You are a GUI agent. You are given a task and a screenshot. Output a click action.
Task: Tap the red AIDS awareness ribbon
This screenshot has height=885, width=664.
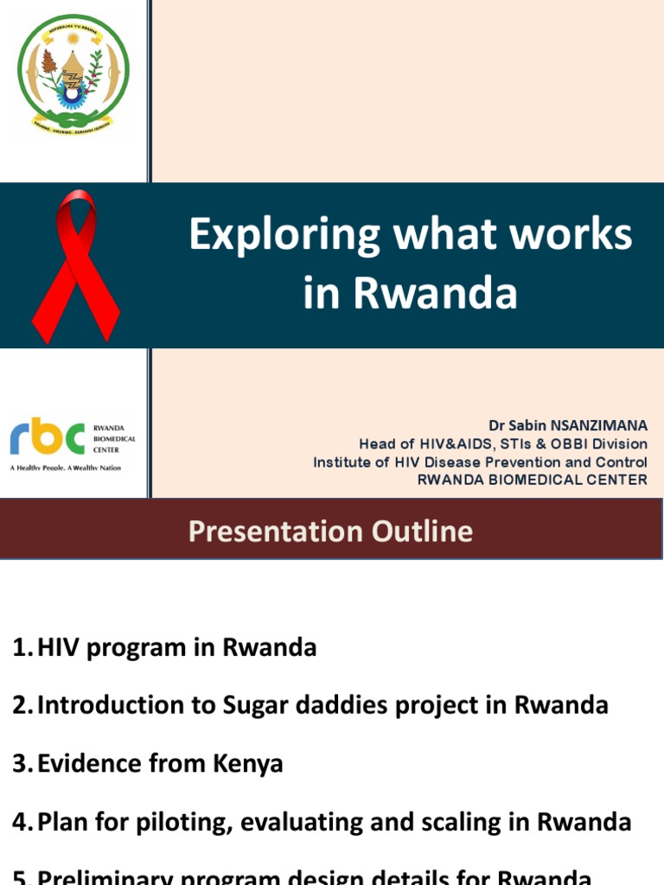point(75,266)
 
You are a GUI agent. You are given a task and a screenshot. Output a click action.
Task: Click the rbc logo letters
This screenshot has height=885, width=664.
point(48,438)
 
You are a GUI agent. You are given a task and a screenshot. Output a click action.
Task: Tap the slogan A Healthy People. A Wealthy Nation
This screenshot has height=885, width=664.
point(66,468)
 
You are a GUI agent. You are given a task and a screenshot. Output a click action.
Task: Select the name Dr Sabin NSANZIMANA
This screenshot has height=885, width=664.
point(568,426)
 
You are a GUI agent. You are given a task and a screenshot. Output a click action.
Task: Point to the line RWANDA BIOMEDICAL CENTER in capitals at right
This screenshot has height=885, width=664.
point(532,480)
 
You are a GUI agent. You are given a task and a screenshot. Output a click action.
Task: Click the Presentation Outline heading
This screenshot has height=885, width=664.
point(331,531)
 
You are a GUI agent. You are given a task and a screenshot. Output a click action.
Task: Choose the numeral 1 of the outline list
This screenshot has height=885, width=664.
point(22,647)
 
